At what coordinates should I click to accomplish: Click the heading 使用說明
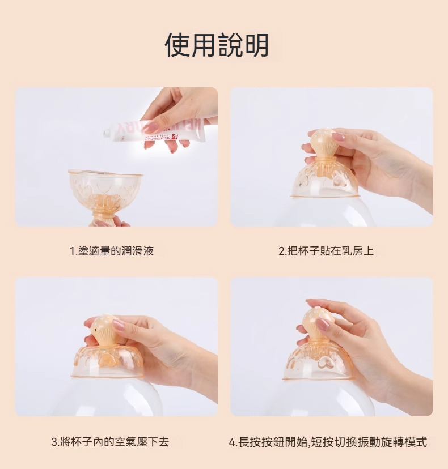tap(217, 45)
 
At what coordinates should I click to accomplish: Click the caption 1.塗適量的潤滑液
tap(111, 251)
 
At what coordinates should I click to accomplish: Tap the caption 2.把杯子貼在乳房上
tap(326, 251)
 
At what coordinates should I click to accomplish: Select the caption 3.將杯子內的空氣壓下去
tap(110, 441)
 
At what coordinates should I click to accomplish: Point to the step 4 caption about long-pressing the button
tap(328, 441)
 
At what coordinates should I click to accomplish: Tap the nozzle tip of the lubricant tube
tap(105, 133)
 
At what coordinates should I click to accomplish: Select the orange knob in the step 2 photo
tap(322, 143)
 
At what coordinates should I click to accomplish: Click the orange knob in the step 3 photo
tap(103, 329)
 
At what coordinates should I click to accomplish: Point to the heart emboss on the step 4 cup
tap(325, 363)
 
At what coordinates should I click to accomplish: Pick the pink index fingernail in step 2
tap(338, 137)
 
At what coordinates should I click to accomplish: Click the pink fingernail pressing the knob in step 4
tap(322, 324)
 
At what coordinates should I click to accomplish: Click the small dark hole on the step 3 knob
tap(95, 329)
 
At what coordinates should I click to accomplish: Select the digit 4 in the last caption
tap(232, 442)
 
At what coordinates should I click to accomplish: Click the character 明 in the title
tap(257, 45)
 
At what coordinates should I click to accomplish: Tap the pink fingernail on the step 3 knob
tap(119, 325)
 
